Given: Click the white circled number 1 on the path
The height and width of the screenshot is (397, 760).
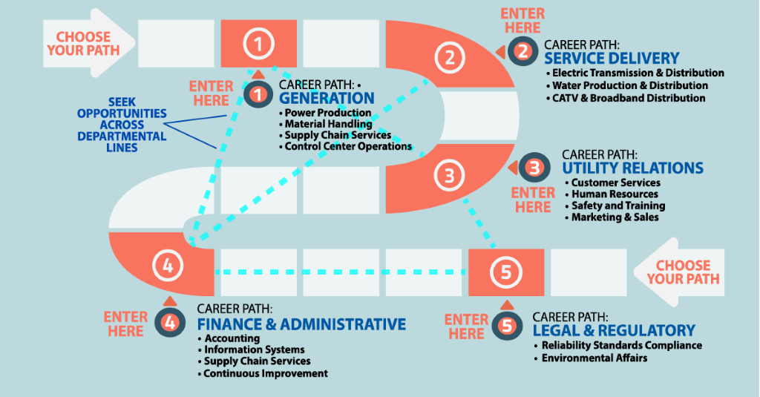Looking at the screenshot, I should click(x=258, y=45).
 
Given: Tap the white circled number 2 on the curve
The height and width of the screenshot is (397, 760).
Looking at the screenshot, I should click(x=448, y=56).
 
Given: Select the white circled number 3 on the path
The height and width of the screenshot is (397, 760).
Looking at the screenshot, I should click(x=448, y=176).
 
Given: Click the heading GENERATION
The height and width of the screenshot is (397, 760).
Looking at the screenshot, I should click(x=327, y=98).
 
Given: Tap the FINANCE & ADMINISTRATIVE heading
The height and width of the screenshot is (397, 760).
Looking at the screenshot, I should click(x=301, y=324).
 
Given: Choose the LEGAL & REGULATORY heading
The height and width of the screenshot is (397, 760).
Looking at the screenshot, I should click(x=614, y=330).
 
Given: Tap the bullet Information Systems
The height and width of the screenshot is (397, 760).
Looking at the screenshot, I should click(x=254, y=350).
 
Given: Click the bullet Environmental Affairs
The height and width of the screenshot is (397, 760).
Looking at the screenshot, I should click(x=594, y=358).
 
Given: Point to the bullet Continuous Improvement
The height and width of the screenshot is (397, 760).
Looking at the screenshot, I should click(x=266, y=373).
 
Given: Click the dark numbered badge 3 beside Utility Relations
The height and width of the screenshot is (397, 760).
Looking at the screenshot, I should click(x=534, y=168).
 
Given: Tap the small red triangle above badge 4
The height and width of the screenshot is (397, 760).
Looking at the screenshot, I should click(x=169, y=301).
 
